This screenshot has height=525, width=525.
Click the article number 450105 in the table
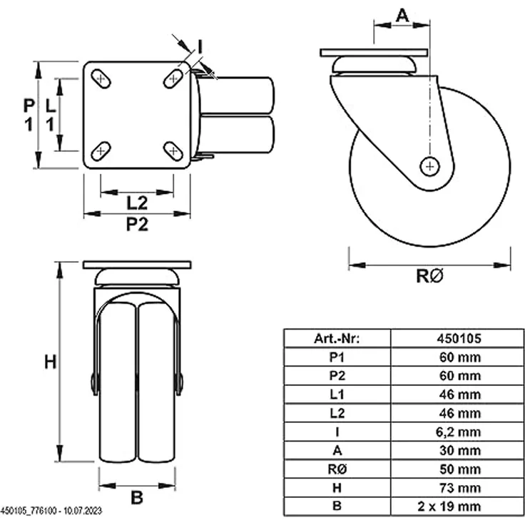pyautogui.click(x=459, y=339)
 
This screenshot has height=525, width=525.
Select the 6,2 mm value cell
pyautogui.click(x=458, y=432)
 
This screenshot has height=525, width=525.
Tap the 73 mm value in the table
pyautogui.click(x=460, y=488)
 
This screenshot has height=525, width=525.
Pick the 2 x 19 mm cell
pyautogui.click(x=449, y=506)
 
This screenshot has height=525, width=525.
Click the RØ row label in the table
pyautogui.click(x=337, y=469)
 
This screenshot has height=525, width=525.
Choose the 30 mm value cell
pyautogui.click(x=460, y=450)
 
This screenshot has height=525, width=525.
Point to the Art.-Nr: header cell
pyautogui.click(x=337, y=339)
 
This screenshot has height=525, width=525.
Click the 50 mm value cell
pyautogui.click(x=460, y=469)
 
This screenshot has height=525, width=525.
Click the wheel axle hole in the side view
pyautogui.click(x=430, y=166)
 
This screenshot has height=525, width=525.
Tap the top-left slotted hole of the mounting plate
pyautogui.click(x=101, y=79)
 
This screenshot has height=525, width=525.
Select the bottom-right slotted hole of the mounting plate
pyautogui.click(x=173, y=151)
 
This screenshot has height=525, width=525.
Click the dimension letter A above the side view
pyautogui.click(x=402, y=15)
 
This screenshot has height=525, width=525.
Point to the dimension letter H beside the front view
pyautogui.click(x=51, y=362)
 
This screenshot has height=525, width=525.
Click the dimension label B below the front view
pyautogui.click(x=137, y=498)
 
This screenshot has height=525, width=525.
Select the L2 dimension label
pyautogui.click(x=137, y=203)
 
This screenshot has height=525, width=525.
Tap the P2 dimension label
pyautogui.click(x=137, y=224)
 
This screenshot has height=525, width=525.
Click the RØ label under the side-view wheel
pyautogui.click(x=429, y=276)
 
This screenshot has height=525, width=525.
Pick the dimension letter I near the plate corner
pyautogui.click(x=200, y=46)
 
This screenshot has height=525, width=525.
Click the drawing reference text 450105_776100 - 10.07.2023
pyautogui.click(x=51, y=511)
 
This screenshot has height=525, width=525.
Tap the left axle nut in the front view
pyautogui.click(x=94, y=383)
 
